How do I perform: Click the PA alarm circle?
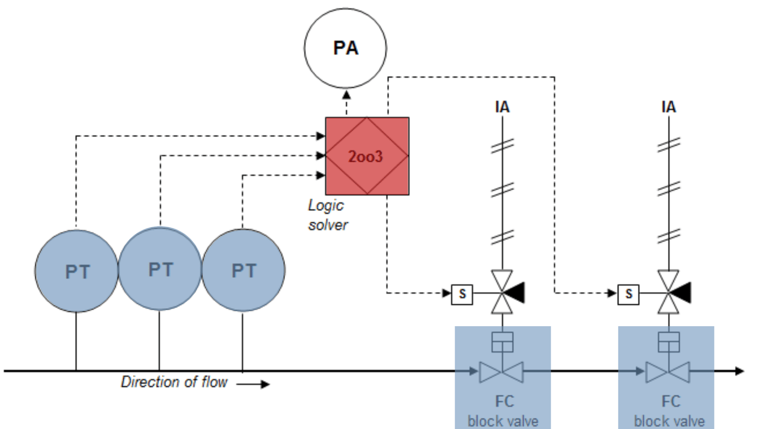[345, 48]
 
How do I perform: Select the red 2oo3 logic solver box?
[367, 156]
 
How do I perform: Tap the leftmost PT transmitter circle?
[76, 271]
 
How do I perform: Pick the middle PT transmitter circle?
[160, 269]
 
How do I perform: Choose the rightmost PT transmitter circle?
[244, 271]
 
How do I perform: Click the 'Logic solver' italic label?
[327, 215]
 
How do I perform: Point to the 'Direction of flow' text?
[174, 382]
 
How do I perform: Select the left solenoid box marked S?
[461, 294]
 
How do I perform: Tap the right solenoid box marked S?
[628, 294]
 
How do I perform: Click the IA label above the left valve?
[502, 106]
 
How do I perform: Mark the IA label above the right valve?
[669, 106]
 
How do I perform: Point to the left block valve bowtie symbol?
[502, 372]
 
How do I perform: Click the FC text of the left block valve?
[504, 401]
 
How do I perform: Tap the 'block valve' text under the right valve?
[669, 421]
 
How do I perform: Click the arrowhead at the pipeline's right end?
[739, 371]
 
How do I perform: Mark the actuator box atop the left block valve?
[502, 341]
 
